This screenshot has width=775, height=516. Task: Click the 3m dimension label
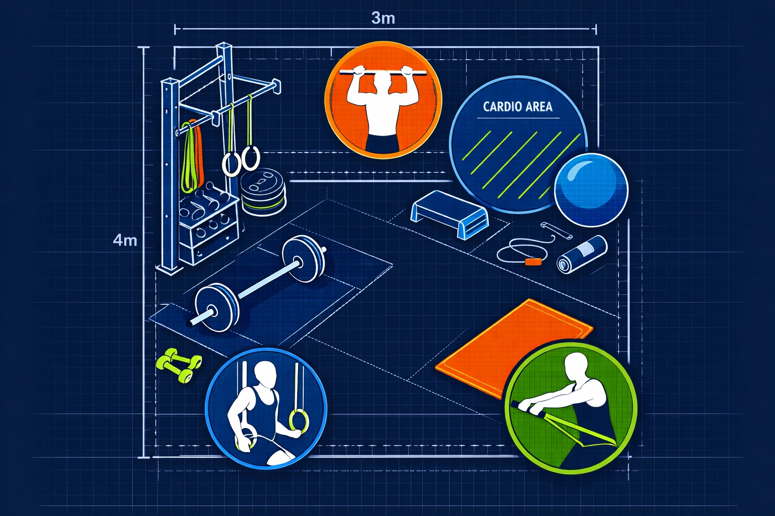(x=383, y=18)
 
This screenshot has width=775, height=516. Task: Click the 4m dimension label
(x=125, y=240)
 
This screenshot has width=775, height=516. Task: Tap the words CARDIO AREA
(x=518, y=107)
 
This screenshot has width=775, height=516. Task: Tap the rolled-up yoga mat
(x=581, y=254)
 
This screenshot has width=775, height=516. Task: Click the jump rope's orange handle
(x=532, y=262)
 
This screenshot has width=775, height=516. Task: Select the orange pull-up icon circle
(x=383, y=100)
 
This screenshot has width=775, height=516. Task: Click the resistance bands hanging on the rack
(x=191, y=156)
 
